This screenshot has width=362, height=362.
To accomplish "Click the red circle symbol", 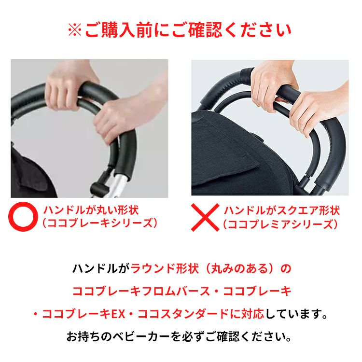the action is pyautogui.click(x=23, y=217).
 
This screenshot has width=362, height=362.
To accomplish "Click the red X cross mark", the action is pyautogui.click(x=205, y=217).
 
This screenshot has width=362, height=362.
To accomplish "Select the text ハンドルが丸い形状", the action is pyautogui.click(x=91, y=210).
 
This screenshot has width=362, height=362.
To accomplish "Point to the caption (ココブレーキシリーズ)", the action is pyautogui.click(x=100, y=223).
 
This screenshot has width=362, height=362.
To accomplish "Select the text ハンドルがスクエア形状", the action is pyautogui.click(x=282, y=210).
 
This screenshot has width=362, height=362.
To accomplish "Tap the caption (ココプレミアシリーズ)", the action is pyautogui.click(x=280, y=224).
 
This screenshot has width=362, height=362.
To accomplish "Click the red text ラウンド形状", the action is pyautogui.click(x=165, y=269).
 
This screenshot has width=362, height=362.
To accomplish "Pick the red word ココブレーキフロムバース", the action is pyautogui.click(x=141, y=292).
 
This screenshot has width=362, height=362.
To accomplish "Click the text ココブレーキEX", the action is pyautogui.click(x=84, y=314).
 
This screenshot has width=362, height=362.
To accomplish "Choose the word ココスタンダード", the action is pyautogui.click(x=183, y=314).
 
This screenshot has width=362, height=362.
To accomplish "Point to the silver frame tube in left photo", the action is pyautogui.click(x=113, y=187).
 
